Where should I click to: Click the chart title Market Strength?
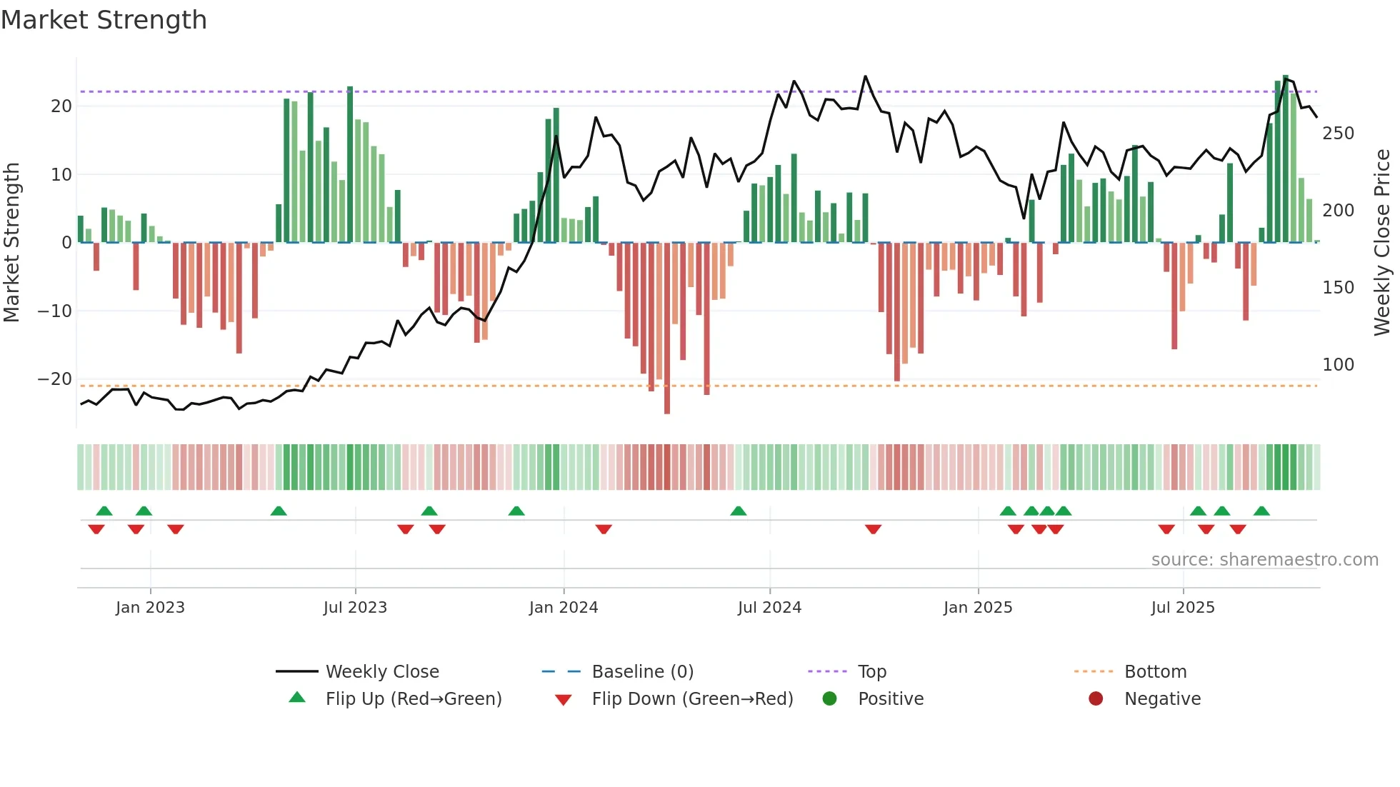click(104, 20)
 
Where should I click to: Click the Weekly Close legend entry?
click(382, 672)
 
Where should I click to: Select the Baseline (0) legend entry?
click(642, 672)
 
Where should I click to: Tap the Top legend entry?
click(871, 672)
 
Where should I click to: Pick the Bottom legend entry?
click(1155, 672)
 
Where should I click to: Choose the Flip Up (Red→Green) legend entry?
click(413, 699)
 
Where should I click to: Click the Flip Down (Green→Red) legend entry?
click(692, 699)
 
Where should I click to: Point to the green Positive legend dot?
click(829, 698)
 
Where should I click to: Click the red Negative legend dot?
click(1096, 698)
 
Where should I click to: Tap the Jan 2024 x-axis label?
click(564, 608)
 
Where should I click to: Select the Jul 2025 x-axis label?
click(1183, 608)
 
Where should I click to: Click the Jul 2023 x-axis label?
click(355, 608)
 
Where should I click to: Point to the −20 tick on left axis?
click(56, 379)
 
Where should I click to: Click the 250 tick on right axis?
click(1338, 134)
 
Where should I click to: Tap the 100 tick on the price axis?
click(1338, 365)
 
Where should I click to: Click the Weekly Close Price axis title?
click(1383, 243)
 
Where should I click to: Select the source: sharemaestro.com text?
click(1264, 560)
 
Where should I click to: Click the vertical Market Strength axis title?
click(11, 243)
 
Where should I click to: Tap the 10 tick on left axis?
click(61, 175)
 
